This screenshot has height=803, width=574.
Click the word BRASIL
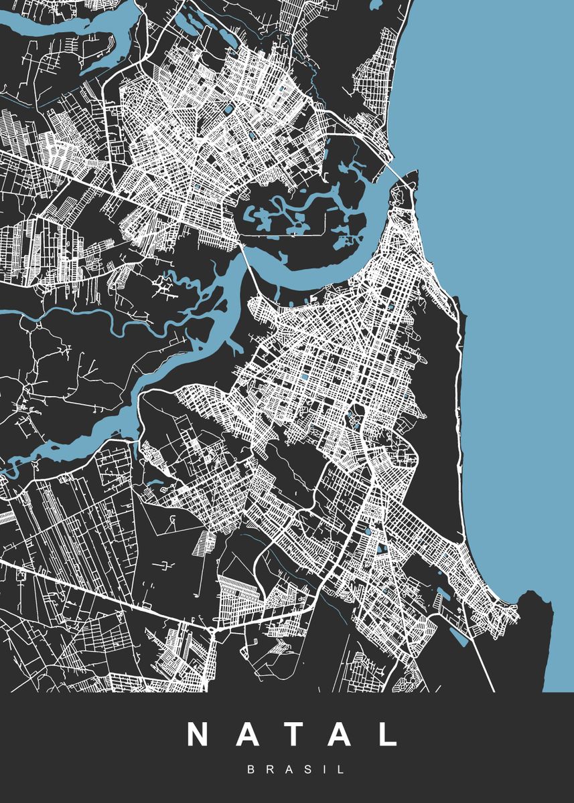point(296,770)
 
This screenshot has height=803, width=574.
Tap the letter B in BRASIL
point(250,770)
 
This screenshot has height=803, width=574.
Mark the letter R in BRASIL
point(269,770)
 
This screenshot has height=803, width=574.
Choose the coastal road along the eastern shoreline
point(459,401)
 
